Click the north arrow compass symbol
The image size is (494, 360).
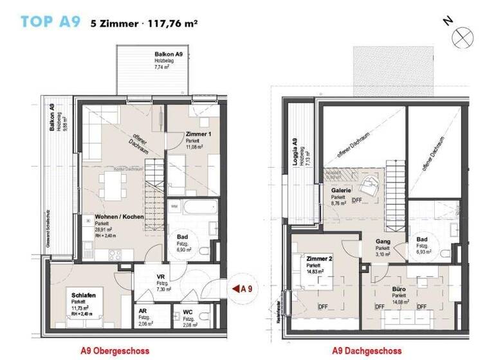pos(462,37)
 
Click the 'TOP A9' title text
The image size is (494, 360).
pos(50,22)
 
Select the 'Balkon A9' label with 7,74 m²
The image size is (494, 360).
pos(169,55)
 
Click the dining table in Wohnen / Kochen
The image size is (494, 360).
pos(116,189)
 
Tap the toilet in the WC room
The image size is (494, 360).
pos(178,319)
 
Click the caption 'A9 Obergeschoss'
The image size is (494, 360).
pos(114,351)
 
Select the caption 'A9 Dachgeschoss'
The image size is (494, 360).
pos(366,351)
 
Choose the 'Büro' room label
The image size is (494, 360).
pos(399,289)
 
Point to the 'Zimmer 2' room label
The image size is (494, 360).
pos(318,258)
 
